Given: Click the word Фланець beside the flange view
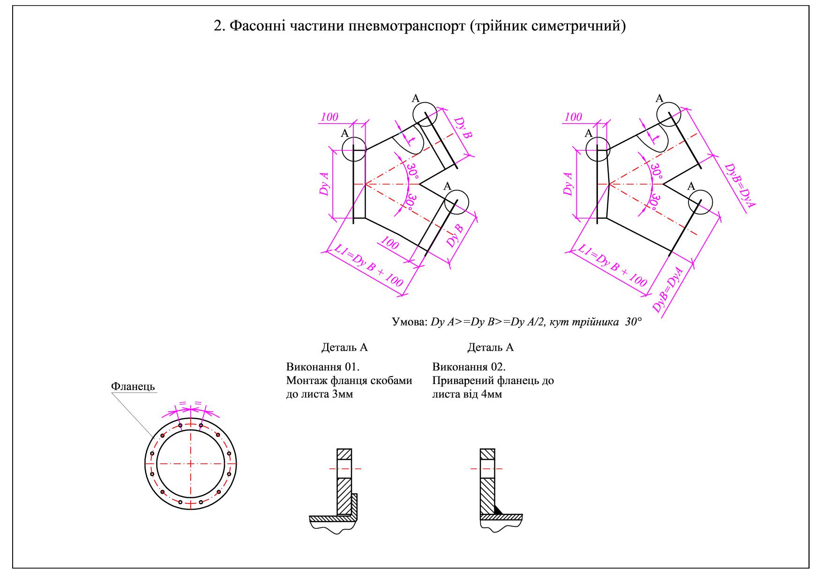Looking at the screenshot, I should [133, 386].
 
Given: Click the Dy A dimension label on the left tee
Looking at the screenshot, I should [324, 184].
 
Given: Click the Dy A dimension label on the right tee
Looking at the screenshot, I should [568, 184].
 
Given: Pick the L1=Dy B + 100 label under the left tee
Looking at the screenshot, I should [368, 265].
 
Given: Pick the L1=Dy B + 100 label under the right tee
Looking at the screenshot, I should [612, 265].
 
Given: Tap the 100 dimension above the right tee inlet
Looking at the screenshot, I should [573, 117].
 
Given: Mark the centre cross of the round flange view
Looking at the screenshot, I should [191, 464].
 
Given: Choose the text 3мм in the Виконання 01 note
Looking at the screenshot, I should [342, 394].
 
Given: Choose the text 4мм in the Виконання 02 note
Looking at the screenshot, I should [491, 394].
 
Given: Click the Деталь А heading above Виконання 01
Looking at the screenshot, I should [344, 348].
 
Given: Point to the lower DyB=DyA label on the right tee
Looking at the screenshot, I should [668, 289].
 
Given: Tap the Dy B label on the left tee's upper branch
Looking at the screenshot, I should [463, 128].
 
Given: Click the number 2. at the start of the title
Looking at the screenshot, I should [220, 26].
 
